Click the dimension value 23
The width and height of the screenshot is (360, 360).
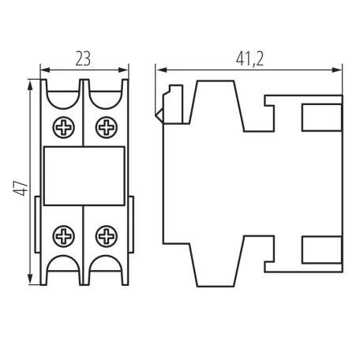(x=83, y=59)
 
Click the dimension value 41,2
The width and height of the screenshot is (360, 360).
(x=249, y=59)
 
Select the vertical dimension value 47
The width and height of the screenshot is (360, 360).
(x=21, y=188)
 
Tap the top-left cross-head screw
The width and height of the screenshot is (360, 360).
(x=64, y=127)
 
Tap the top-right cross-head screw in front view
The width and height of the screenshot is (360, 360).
(x=107, y=127)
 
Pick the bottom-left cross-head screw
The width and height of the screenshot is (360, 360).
(x=64, y=236)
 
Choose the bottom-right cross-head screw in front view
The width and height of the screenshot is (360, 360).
(x=107, y=236)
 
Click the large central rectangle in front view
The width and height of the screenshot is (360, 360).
(x=84, y=176)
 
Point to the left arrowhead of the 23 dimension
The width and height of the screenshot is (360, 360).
(x=45, y=70)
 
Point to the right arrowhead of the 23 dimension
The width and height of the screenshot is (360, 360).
(x=123, y=70)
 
